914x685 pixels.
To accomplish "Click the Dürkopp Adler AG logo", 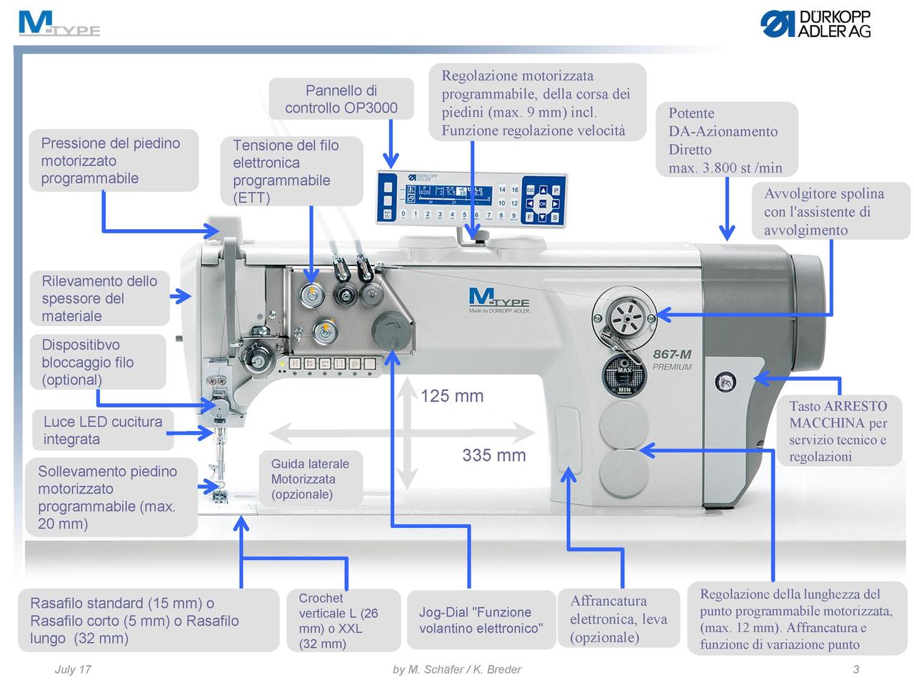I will point(815,24).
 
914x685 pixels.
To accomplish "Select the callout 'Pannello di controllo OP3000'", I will point(341,99).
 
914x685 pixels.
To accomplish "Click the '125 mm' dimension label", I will point(451,396).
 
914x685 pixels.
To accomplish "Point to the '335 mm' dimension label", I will point(493,455).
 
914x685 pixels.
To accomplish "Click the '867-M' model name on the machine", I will point(672,354).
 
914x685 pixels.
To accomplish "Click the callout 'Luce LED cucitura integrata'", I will point(103,430).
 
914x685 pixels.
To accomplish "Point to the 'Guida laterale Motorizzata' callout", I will point(310,479).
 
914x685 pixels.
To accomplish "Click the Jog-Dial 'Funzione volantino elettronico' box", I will point(481,620).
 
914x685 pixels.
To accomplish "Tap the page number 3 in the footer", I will point(855,669).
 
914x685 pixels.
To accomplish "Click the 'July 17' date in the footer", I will point(73,669).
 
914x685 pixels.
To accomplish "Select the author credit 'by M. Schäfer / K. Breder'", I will point(457,669).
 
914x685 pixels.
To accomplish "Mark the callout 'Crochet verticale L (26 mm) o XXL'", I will point(343,621).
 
